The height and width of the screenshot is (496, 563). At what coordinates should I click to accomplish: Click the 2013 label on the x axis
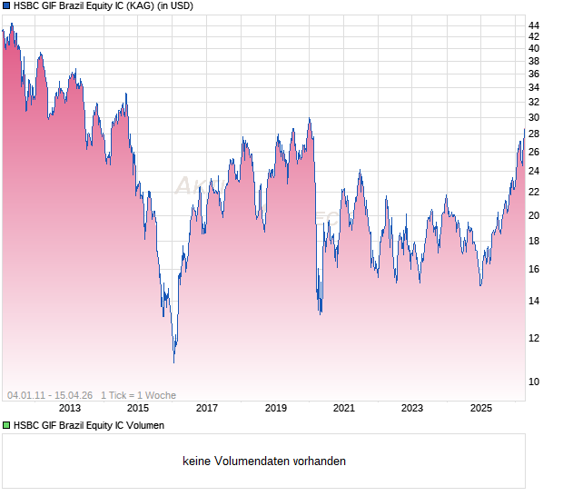70,409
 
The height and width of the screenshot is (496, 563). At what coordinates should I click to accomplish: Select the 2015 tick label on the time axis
138,409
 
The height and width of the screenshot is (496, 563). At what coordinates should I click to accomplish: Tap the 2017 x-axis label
207,409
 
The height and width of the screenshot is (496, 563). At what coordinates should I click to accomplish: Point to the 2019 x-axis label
275,409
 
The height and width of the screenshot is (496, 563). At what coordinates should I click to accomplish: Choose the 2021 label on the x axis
344,409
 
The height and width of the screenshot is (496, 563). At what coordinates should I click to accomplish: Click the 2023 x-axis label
412,409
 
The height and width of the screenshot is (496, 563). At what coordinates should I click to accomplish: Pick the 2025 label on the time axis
481,409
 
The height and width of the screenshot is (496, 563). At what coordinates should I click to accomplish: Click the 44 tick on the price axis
534,25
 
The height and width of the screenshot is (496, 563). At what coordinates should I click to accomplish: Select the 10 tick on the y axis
534,382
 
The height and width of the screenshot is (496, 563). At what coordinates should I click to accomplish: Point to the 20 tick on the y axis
534,216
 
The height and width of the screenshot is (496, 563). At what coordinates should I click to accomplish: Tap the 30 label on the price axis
534,118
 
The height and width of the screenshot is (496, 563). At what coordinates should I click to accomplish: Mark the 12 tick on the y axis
534,338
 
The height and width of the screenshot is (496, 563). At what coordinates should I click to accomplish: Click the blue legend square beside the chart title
6,5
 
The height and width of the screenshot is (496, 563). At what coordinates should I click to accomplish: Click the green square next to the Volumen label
6,425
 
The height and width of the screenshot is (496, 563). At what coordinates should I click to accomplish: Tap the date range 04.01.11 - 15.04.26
50,395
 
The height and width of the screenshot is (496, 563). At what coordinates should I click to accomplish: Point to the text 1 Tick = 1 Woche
138,395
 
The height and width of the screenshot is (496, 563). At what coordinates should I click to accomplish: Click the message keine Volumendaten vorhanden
263,461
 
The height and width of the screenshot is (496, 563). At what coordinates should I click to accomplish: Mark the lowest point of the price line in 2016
173,362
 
